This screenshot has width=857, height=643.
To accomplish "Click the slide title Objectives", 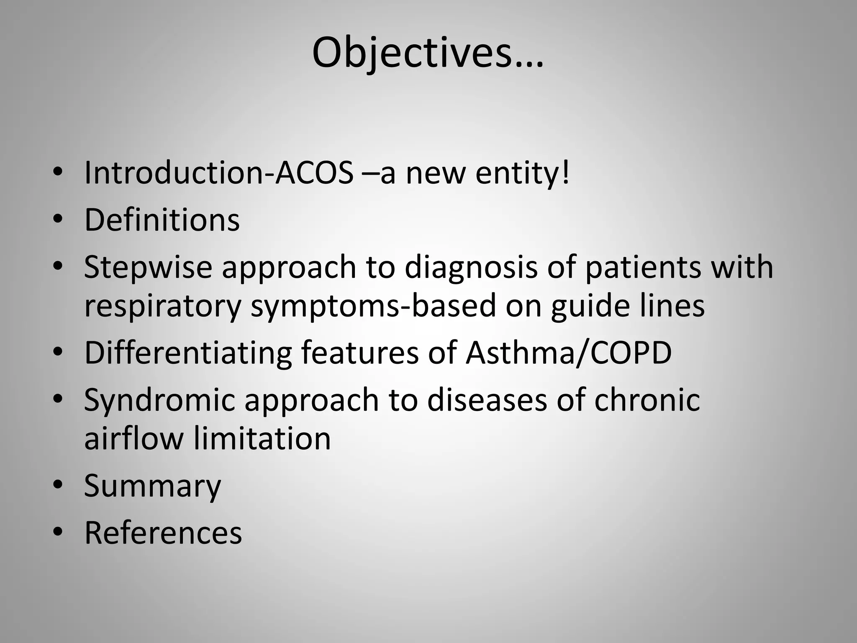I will pos(428,54).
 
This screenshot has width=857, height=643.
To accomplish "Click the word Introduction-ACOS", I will pos(218,172).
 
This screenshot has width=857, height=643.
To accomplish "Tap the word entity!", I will pos(522,172).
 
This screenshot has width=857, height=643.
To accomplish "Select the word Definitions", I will pos(162,220).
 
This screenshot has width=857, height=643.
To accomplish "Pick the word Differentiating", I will pos(188,353).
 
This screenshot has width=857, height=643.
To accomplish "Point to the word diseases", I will pos(487,400).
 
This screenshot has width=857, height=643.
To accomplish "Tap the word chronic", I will pos(647,400).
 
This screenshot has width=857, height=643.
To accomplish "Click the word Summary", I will pos(152,486).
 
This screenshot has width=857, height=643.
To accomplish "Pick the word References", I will pos(163,532).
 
